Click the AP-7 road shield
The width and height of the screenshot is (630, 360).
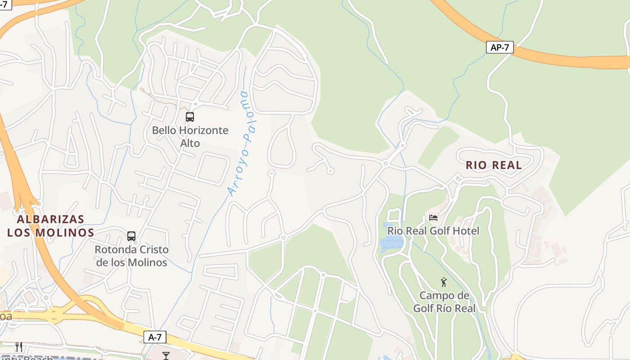click(499, 47)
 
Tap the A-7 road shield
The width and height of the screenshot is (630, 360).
click(155, 337)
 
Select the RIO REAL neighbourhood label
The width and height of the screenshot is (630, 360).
click(494, 165)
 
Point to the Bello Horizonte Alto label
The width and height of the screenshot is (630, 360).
click(190, 136)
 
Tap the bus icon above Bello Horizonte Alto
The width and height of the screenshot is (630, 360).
click(190, 117)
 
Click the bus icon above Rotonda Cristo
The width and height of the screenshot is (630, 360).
click(131, 236)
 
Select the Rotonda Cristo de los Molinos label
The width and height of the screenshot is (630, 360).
click(131, 256)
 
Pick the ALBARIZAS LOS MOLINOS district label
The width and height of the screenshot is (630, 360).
click(51, 226)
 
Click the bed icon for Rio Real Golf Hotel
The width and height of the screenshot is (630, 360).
click(433, 218)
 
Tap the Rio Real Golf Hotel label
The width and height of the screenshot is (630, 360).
click(433, 231)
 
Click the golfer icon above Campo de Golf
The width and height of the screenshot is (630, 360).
click(444, 282)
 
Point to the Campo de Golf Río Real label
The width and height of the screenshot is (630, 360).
click(444, 302)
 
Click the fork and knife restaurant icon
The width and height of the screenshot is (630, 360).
click(19, 346)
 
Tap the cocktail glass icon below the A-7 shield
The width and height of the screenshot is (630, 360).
click(166, 355)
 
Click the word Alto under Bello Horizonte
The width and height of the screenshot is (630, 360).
click(190, 143)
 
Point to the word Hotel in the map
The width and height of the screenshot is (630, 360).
click(468, 231)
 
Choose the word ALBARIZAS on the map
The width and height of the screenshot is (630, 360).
click(51, 220)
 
